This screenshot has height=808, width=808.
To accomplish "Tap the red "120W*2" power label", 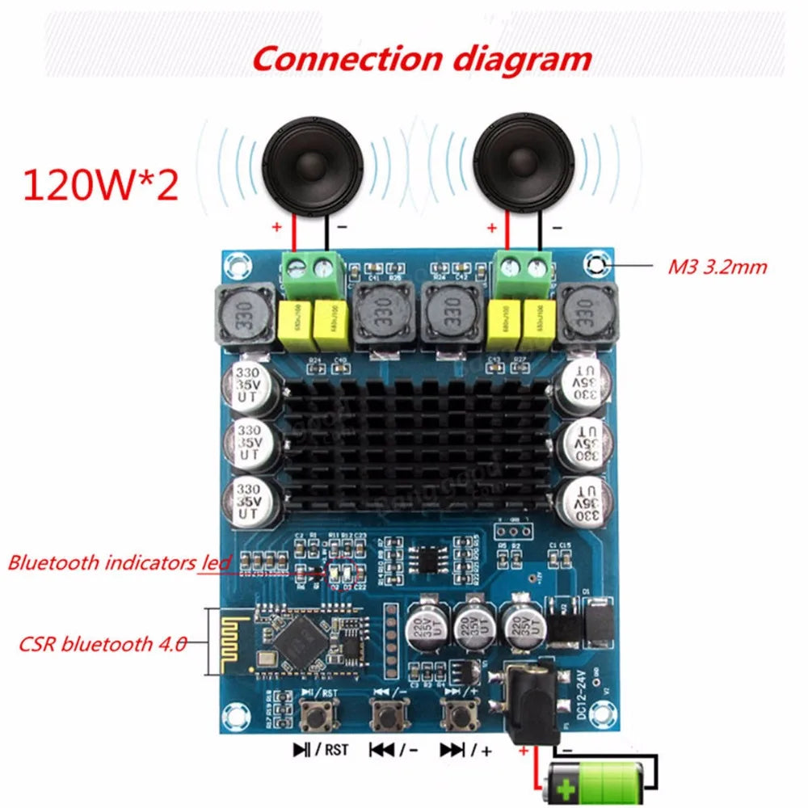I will tap(100, 184).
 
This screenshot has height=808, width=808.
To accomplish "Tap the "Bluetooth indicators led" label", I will tap(120, 562).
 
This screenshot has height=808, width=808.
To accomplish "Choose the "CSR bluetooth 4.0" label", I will tap(103, 644).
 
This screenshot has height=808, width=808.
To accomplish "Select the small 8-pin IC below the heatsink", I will tap(426, 558).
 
